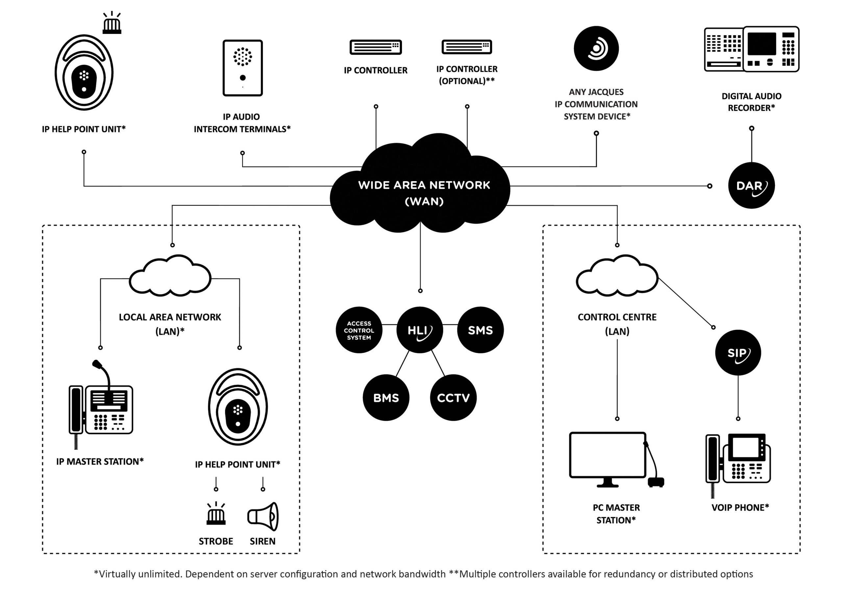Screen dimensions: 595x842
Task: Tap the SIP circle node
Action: pos(738,352)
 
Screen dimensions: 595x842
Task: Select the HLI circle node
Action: pos(420,330)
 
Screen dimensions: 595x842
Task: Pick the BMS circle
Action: pos(386,397)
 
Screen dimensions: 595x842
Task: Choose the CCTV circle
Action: pos(453,397)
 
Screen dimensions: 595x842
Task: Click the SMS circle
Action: pos(480,330)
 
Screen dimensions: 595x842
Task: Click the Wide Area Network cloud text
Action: pos(424,193)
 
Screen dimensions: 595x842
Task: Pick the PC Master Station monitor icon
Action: pos(608,456)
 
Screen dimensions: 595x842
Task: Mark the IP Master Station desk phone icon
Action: pos(101,407)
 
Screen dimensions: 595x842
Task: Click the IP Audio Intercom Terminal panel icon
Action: pos(242,68)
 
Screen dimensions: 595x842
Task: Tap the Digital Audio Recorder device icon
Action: pos(752,49)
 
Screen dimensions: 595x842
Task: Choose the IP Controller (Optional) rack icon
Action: pos(466,47)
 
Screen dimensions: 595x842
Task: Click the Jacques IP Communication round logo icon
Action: pos(596,48)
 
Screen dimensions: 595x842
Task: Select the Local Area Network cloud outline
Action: pos(170,276)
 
